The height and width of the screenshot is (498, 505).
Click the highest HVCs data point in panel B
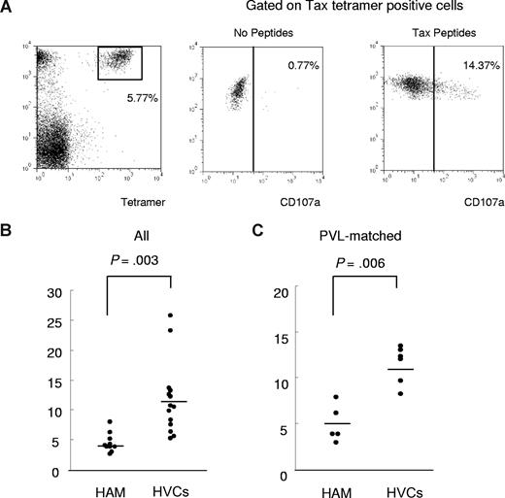click(171, 315)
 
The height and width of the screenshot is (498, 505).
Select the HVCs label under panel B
click(172, 488)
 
